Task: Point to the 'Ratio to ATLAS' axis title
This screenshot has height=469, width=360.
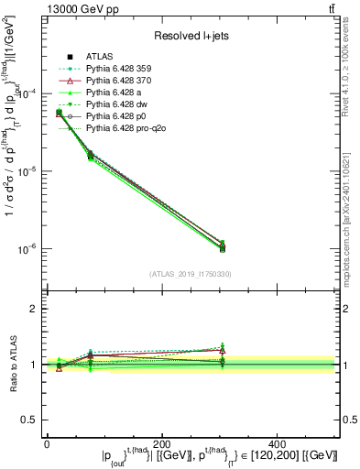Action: (x=12, y=365)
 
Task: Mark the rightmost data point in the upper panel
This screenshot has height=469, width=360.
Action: (x=222, y=247)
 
